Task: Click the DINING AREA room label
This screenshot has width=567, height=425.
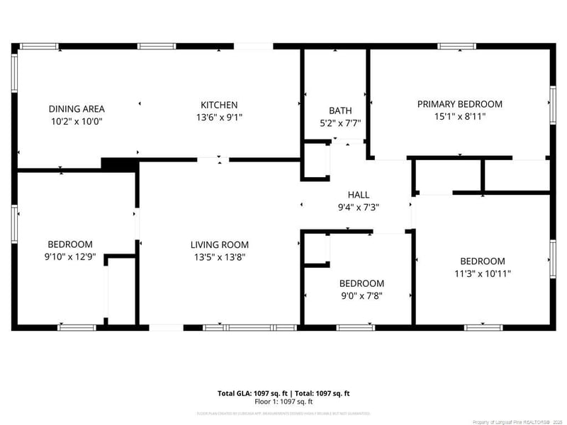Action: [x=77, y=108]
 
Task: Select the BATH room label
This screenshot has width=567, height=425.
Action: [x=340, y=110]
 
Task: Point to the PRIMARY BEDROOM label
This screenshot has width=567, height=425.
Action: [x=459, y=104]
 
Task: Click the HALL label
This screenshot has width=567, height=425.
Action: [x=358, y=195]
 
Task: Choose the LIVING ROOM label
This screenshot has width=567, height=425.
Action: [x=220, y=245]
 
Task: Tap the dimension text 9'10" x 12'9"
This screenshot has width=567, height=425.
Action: [x=70, y=257]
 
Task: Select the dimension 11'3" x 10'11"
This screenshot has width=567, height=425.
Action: [x=483, y=273]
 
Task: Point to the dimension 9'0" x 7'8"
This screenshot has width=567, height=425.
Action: [x=361, y=296]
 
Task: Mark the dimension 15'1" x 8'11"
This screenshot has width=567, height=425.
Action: [x=459, y=116]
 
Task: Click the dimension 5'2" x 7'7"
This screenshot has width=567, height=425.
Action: [x=340, y=123]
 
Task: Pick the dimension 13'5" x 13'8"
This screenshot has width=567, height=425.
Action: [x=220, y=257]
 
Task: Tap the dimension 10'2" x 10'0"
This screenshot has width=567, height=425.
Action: [x=77, y=121]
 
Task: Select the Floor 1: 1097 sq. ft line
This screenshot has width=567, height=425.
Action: [x=283, y=402]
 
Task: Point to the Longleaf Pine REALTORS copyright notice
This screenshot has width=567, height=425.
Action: [x=520, y=420]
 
